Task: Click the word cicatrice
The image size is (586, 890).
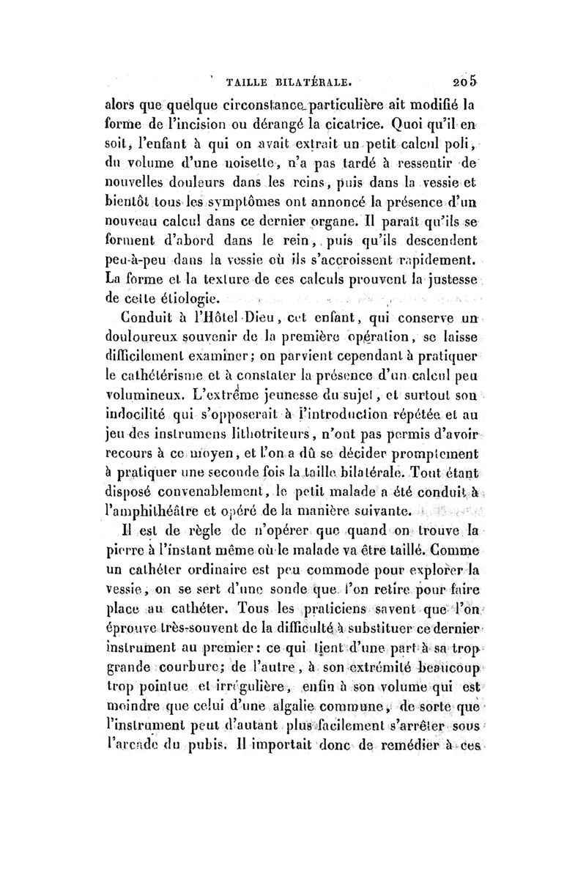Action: click(x=356, y=118)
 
